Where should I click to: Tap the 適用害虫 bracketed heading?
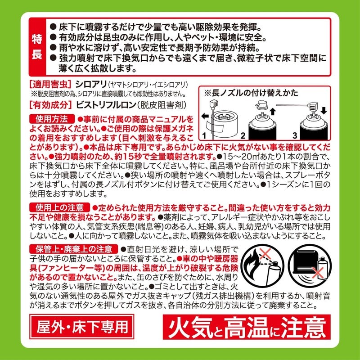(50, 84)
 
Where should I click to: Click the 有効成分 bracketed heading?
(50, 105)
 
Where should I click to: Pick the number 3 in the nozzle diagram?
(295, 135)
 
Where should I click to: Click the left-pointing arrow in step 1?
(205, 116)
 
